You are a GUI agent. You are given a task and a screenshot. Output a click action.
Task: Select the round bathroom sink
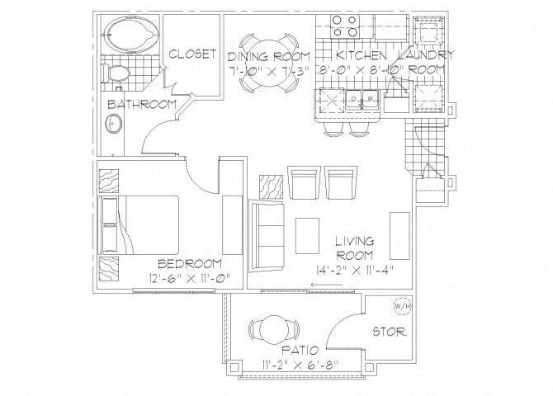pyautogui.click(x=112, y=125)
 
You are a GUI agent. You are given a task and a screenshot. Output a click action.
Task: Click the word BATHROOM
pyautogui.click(x=142, y=104)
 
